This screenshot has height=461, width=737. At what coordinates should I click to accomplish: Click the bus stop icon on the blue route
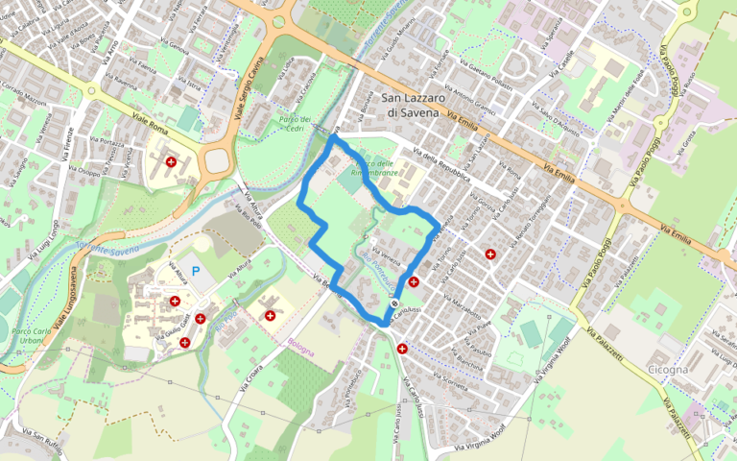(x=393, y=304)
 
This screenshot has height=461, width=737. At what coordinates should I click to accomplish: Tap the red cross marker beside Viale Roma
(x=172, y=163)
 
